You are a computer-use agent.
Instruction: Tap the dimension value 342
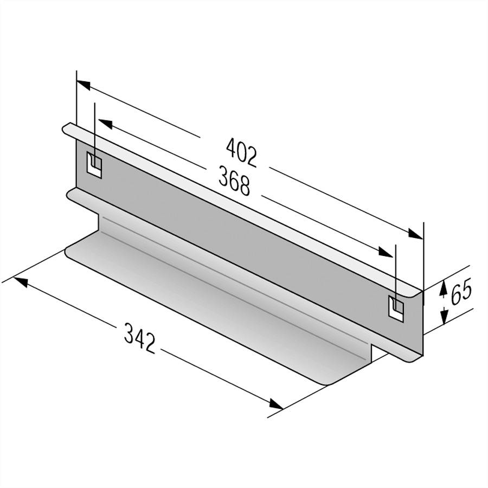coord(140,337)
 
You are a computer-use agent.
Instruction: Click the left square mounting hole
coord(94,164)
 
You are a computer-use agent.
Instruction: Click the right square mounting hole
coord(396,307)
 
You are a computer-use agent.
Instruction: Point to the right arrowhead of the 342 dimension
coord(276,404)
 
